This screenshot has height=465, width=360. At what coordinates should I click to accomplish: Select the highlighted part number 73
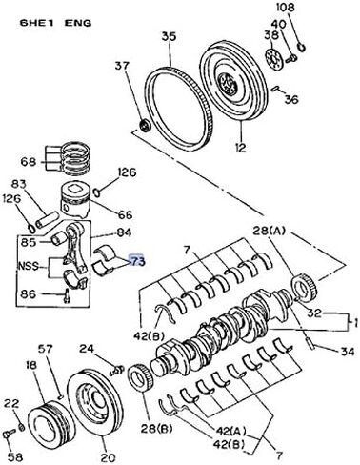tap(137, 260)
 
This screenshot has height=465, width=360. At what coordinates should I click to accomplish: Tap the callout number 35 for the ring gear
tap(168, 37)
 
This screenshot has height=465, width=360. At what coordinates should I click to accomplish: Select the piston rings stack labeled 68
tap(72, 152)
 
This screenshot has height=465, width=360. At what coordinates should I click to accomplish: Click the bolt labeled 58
tap(8, 434)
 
